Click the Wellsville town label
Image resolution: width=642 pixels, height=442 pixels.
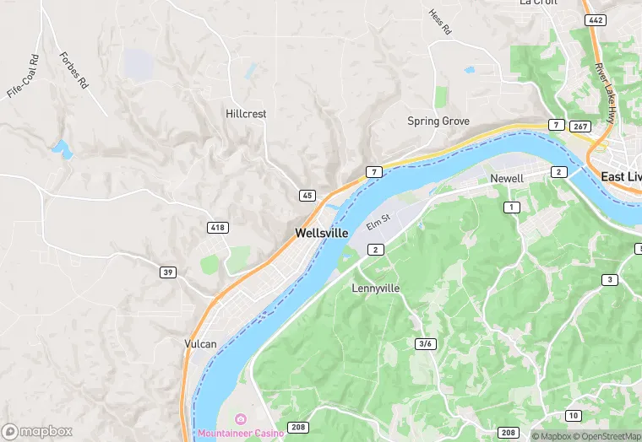pos(321,233)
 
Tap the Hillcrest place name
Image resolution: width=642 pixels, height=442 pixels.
pos(246,113)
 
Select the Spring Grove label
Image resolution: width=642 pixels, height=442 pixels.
pos(438,121)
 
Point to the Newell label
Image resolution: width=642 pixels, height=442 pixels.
pos(507,179)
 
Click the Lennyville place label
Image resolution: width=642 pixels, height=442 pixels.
pos(375,288)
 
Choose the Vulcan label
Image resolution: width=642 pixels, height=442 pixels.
pos(200,344)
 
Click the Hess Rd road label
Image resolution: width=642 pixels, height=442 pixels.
pos(440,23)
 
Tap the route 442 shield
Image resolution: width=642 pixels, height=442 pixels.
pos(595,19)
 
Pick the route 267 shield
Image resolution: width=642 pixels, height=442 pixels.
pos(579,126)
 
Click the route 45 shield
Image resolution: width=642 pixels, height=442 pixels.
pos(307,196)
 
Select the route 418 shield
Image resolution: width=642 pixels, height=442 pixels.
pos(217,228)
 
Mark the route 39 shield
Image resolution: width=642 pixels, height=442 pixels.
pos(169,272)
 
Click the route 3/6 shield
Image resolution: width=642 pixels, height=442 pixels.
pos(426,343)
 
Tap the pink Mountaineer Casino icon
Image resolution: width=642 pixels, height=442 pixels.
pos(240,419)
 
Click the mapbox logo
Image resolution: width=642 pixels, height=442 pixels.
pos(37,431)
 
